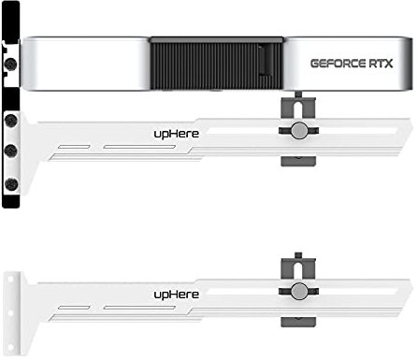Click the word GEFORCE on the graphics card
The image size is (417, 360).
(x=332, y=64)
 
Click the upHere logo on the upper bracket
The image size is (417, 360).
(x=176, y=134)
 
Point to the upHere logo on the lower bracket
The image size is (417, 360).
(x=176, y=293)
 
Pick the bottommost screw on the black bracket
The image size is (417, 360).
(x=11, y=182)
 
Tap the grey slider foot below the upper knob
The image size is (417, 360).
(x=296, y=158)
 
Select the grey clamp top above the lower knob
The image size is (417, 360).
(x=297, y=262)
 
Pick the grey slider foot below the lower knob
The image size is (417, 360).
(x=296, y=319)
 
